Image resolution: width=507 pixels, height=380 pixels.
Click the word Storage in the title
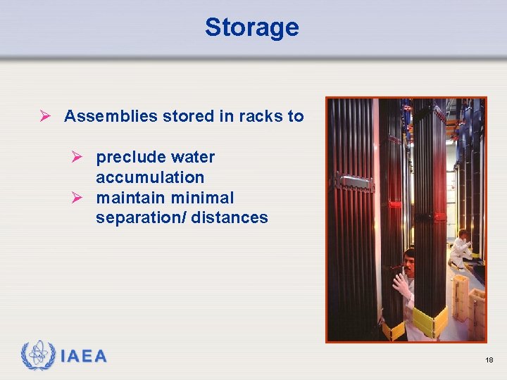pyautogui.click(x=251, y=27)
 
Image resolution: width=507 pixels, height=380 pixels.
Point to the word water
pyautogui.click(x=193, y=157)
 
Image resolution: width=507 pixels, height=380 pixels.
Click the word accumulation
pyautogui.click(x=150, y=177)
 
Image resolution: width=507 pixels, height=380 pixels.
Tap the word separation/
pyautogui.click(x=139, y=218)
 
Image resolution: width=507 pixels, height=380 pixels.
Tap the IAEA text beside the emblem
pyautogui.click(x=83, y=357)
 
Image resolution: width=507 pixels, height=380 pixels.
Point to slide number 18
pyautogui.click(x=489, y=360)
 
